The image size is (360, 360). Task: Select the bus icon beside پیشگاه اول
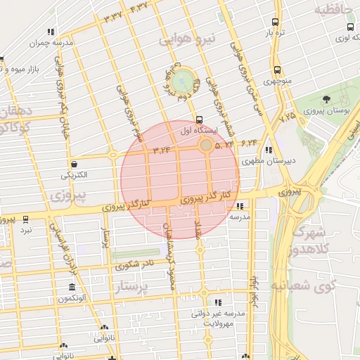(x=199, y=120)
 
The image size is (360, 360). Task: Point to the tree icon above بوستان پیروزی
(x=326, y=99)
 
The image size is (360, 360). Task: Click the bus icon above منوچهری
(x=277, y=70)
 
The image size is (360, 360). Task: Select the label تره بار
(x=273, y=33)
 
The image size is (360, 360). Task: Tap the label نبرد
(x=25, y=230)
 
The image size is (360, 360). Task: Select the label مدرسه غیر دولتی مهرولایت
(x=217, y=319)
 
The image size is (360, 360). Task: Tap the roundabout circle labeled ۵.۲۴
(x=205, y=146)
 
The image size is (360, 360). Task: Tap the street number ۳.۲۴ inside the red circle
(x=161, y=149)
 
